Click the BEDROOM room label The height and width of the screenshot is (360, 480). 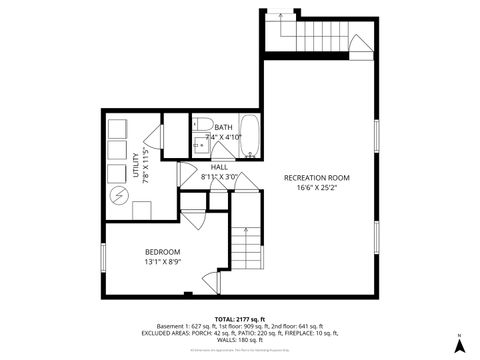[x=161, y=251]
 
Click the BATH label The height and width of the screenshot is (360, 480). [x=222, y=126]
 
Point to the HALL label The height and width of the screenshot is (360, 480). [x=218, y=167]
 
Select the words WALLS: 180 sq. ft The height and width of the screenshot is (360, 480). [x=240, y=338]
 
